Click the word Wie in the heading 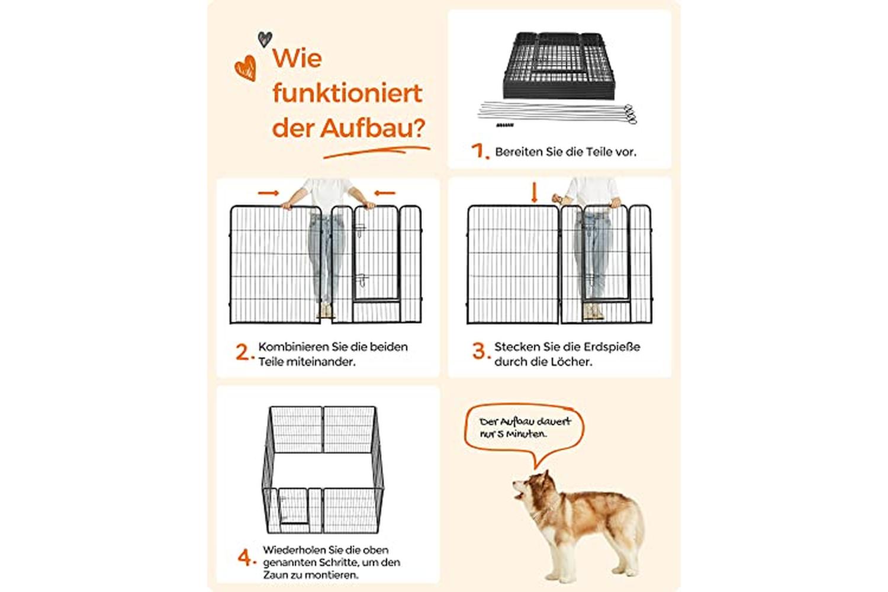pyautogui.click(x=297, y=58)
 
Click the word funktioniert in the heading pyautogui.click(x=348, y=93)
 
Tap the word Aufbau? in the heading pyautogui.click(x=372, y=128)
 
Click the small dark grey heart pyautogui.click(x=265, y=39)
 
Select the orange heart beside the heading pyautogui.click(x=246, y=68)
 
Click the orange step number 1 pyautogui.click(x=480, y=151)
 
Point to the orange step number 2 pyautogui.click(x=244, y=352)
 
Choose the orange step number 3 pyautogui.click(x=481, y=351)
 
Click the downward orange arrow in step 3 pyautogui.click(x=534, y=192)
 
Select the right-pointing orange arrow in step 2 pyautogui.click(x=268, y=193)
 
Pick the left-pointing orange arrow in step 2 pyautogui.click(x=385, y=193)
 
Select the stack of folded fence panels pyautogui.click(x=559, y=66)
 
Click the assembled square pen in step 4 pyautogui.click(x=323, y=470)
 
